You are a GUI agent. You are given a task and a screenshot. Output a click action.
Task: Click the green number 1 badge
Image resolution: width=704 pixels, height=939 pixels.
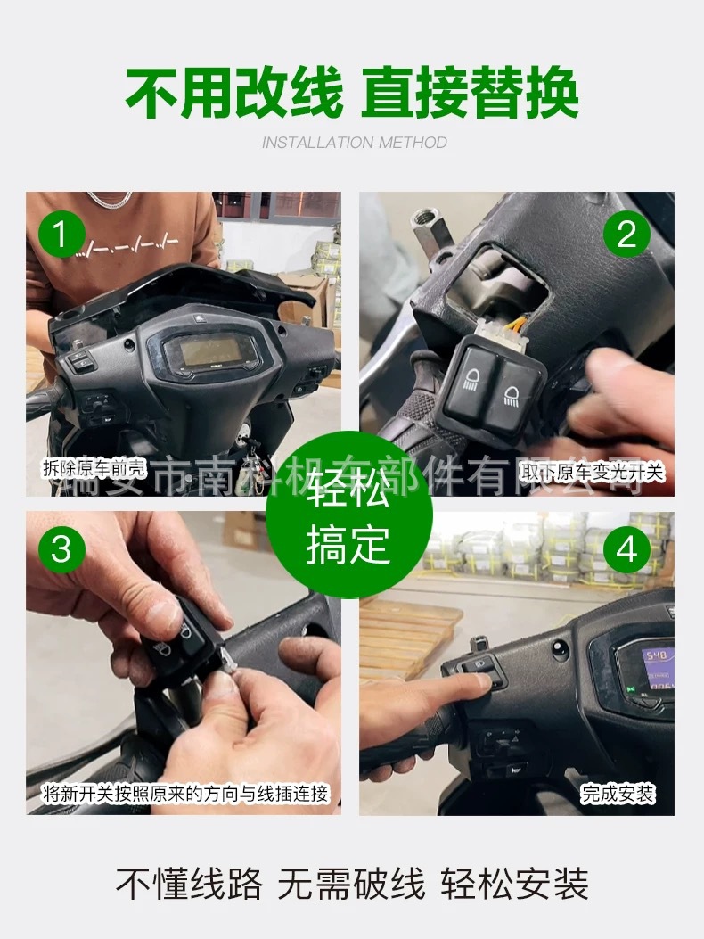pos(61,235)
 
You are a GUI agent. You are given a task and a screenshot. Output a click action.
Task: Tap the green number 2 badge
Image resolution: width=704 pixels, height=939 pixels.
pos(626,235)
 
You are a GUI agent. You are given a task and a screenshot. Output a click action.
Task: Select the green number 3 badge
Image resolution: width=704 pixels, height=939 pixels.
pos(61,548)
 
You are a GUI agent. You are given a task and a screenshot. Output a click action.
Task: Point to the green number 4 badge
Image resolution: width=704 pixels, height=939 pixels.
pos(626,548)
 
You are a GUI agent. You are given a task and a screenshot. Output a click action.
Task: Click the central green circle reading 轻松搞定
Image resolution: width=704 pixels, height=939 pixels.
pos(349,515)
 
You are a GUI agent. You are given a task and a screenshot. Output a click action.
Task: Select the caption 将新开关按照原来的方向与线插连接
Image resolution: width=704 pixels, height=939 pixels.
pos(186,793)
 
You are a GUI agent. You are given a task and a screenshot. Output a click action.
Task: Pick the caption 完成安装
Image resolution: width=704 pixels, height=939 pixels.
pos(618,793)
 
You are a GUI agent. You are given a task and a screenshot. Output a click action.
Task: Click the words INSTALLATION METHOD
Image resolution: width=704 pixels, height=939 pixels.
pos(354,143)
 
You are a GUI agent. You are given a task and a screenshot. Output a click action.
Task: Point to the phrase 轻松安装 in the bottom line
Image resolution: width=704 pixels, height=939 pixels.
pos(515,885)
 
